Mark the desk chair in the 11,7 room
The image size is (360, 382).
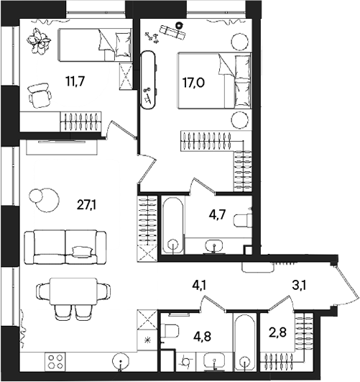pos(40,94)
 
